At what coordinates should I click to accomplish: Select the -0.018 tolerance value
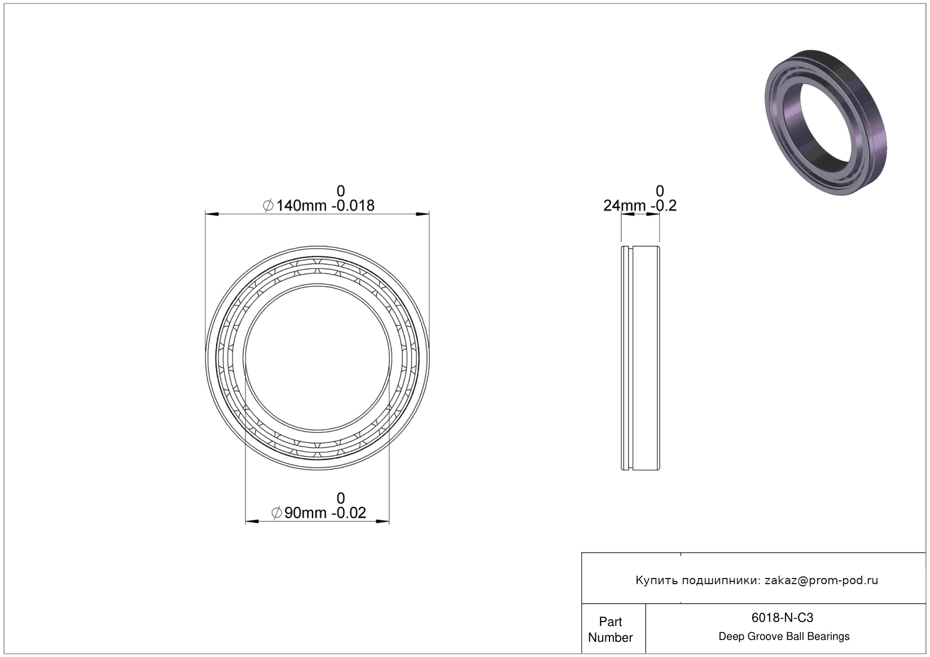click(x=353, y=205)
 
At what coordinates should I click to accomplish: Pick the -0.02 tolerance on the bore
click(x=348, y=513)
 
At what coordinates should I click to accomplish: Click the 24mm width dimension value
click(x=625, y=205)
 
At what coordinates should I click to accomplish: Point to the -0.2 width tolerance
click(x=664, y=205)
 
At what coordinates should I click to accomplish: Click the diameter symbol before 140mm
click(x=268, y=205)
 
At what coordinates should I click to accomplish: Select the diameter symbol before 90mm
click(x=277, y=513)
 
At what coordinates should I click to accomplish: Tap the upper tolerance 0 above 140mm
click(x=340, y=191)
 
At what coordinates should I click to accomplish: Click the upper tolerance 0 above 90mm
click(x=340, y=498)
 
